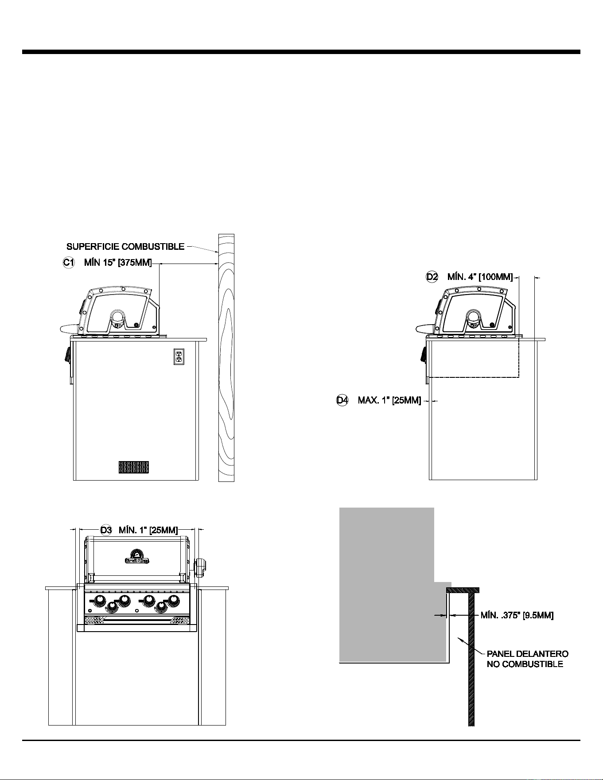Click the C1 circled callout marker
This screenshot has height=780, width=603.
pos(68,263)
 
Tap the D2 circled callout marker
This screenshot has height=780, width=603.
pos(432,277)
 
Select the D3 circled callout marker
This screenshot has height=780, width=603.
pos(106,530)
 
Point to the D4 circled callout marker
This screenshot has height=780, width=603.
pos(342,400)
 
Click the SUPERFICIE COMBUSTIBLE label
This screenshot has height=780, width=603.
pos(125,247)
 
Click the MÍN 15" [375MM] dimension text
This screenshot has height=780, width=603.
pos(118,263)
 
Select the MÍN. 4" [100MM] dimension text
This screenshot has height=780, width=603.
pos(480,277)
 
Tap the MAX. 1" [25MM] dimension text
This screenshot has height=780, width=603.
pos(389,400)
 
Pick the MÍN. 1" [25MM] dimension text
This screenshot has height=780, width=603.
pos(148,530)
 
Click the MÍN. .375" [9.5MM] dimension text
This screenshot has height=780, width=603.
pos(517,615)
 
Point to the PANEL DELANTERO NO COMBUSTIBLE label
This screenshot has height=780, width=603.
pos(527,659)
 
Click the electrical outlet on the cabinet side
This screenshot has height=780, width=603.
pos(179,357)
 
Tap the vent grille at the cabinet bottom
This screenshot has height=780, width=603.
pos(134,467)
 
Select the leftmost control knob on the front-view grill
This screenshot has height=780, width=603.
pos(100,601)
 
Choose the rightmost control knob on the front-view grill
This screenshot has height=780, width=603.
pos(174,601)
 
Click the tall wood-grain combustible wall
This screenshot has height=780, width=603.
pos(226,357)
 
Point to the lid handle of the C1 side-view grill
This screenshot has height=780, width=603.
pos(70,328)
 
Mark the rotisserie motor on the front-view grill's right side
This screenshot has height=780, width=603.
pos(200,568)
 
